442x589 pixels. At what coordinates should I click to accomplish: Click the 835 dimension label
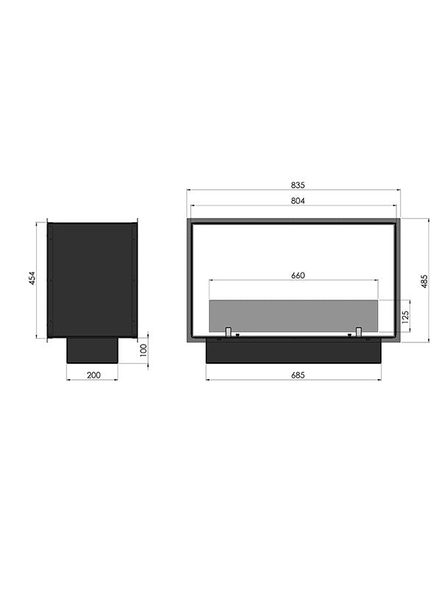tap(298, 186)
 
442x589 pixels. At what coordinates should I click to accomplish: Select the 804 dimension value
tap(298, 201)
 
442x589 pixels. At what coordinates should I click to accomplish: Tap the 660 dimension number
tap(298, 275)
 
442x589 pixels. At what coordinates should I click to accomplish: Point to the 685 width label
tap(298, 375)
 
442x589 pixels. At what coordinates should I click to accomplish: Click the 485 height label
tap(424, 281)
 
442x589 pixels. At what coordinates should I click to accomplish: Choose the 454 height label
tap(32, 278)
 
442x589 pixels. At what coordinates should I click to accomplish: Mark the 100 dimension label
tap(142, 350)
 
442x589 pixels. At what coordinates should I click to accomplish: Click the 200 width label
tap(94, 375)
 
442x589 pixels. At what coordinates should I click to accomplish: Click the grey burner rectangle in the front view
tap(293, 316)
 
